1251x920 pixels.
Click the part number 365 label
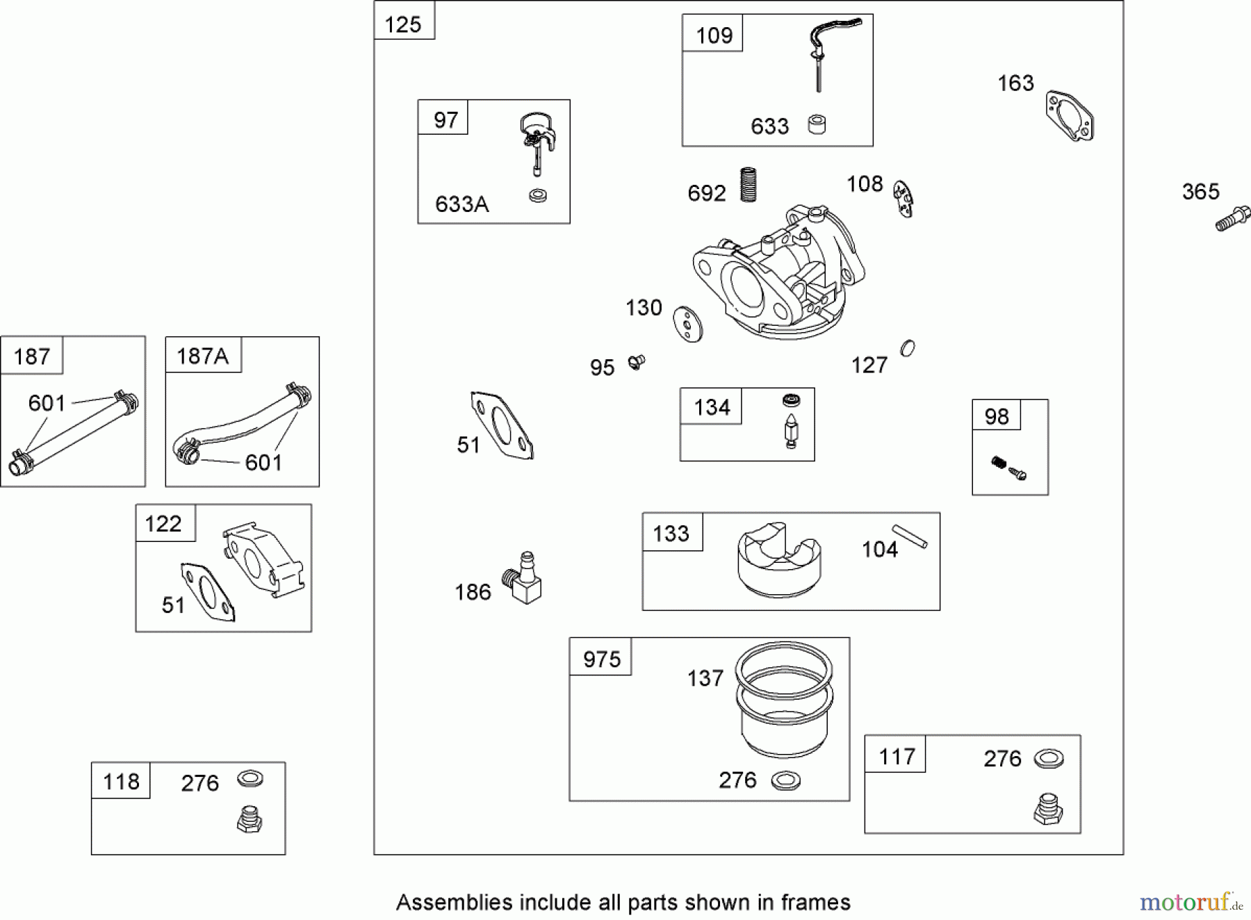click(1200, 192)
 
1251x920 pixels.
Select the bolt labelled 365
click(1233, 219)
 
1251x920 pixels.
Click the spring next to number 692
click(748, 184)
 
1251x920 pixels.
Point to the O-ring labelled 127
click(908, 348)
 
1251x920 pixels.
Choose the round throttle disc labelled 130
click(688, 325)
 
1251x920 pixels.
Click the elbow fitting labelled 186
click(523, 578)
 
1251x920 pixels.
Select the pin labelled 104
click(910, 536)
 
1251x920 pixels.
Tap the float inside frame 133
click(779, 559)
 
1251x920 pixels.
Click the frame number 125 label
click(403, 24)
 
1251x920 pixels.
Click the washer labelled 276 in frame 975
click(785, 781)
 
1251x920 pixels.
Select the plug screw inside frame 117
click(1048, 810)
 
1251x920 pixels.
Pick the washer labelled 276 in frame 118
click(250, 779)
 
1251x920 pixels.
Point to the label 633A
click(461, 204)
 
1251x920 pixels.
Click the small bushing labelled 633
click(817, 125)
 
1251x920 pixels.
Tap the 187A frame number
click(202, 356)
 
